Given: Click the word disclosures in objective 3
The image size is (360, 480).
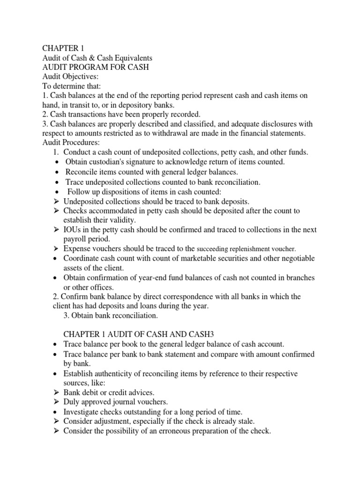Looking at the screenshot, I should (259, 124).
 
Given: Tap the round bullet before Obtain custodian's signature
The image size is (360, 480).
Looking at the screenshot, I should (57, 162).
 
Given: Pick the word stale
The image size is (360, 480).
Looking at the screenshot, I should (244, 421).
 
